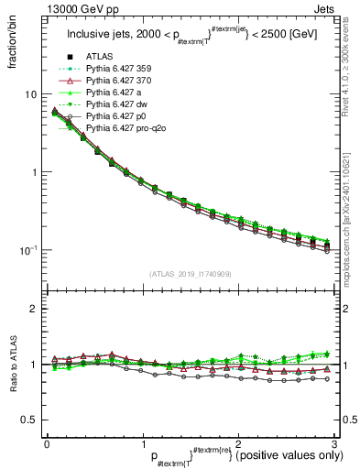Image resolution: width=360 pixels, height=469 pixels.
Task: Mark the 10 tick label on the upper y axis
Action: tap(30, 94)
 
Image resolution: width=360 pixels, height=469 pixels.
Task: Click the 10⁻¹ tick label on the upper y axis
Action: tap(28, 249)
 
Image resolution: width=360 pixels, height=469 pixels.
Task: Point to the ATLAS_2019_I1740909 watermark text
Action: tap(190, 274)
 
